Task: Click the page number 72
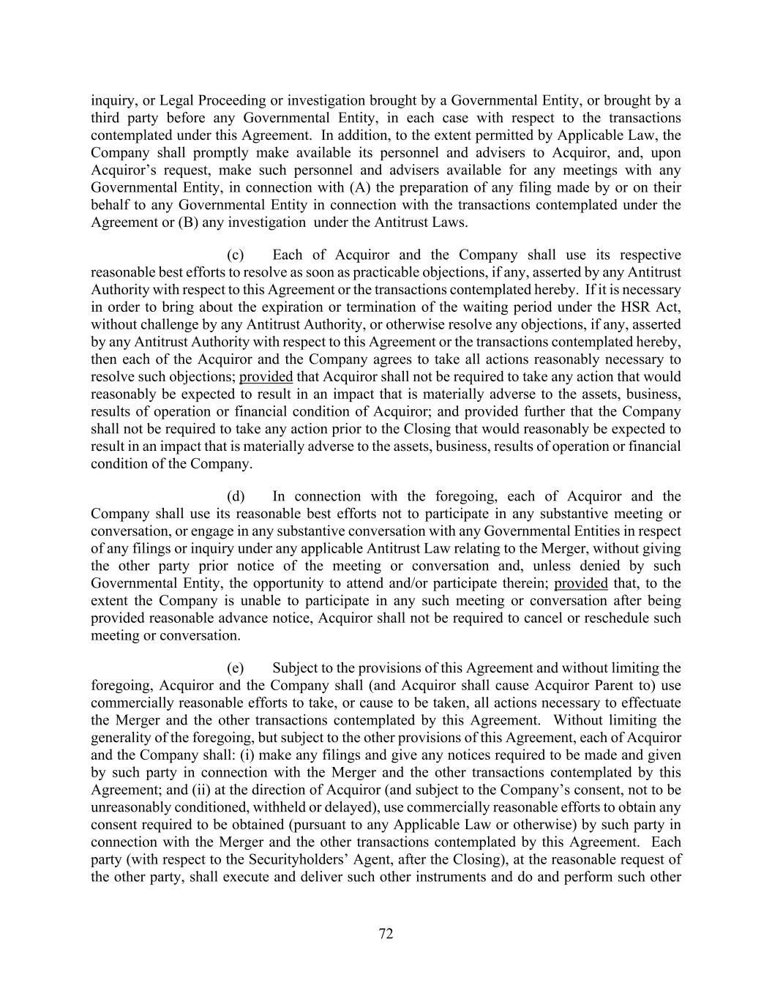[386, 933]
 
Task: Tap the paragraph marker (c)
[236, 255]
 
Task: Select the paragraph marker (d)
[236, 496]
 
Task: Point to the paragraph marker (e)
[236, 667]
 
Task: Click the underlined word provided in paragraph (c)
[266, 377]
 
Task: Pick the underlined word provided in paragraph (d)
[581, 583]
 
